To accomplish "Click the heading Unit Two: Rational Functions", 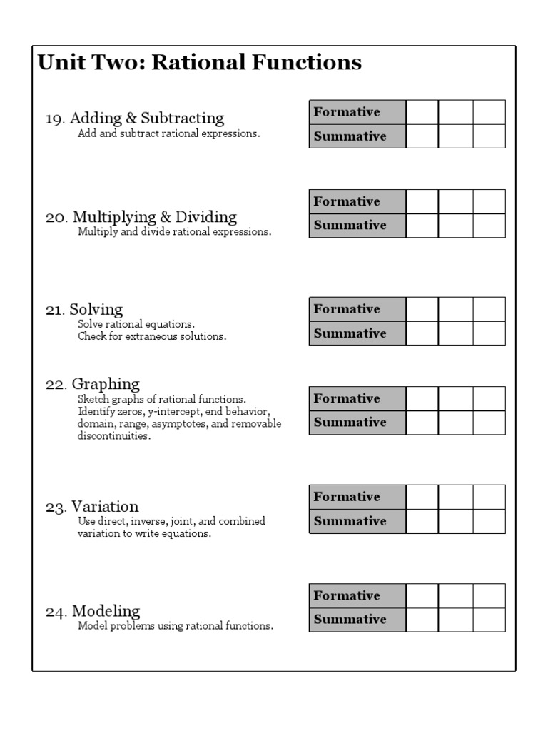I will point(200,63).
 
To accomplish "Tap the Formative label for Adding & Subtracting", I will point(347,112).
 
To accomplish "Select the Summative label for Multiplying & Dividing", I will point(350,226).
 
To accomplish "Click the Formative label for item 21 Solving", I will point(347,309).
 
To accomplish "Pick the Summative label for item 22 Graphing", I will point(350,423).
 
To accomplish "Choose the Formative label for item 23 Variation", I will point(347,497).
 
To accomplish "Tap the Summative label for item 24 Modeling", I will point(350,620).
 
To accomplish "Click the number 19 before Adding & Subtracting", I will point(54,119).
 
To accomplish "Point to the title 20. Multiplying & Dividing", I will point(141,217).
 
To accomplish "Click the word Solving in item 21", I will point(96,310).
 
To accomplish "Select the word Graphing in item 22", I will point(106,385).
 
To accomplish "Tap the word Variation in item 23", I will point(105,508).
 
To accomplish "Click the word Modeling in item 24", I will point(106,611).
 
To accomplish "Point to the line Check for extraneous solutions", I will point(152,336).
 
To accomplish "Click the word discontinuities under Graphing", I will point(114,436).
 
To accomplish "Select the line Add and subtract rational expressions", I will point(168,133).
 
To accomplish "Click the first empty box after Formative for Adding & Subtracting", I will point(422,112).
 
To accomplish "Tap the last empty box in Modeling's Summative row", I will point(489,620).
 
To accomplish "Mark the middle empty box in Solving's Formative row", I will point(455,309).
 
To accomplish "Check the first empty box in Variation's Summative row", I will point(422,521).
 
